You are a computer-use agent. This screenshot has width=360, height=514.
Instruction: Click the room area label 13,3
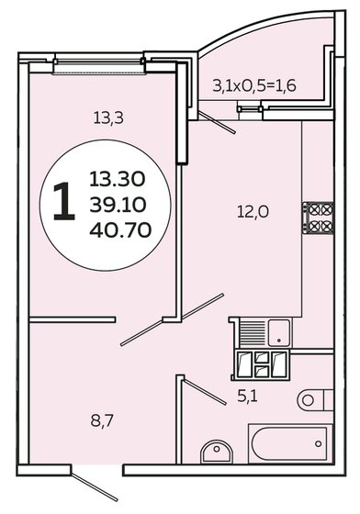tap(108, 118)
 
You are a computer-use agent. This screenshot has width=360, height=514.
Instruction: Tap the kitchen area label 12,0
tap(253, 212)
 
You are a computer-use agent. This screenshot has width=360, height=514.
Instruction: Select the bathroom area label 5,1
tap(248, 397)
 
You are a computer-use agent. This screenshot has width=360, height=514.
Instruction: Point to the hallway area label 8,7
tap(102, 421)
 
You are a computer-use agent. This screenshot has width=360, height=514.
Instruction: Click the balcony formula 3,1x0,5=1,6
tap(254, 86)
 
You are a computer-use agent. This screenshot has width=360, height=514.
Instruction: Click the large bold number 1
tap(64, 201)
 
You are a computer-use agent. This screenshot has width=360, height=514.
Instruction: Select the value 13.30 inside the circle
tap(117, 179)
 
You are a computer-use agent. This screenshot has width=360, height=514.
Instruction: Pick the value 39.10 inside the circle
tap(118, 205)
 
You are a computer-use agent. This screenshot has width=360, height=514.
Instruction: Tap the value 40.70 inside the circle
tap(120, 229)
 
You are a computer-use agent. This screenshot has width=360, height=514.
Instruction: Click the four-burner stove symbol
tap(318, 218)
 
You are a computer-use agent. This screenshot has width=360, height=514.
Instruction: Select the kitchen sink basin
tap(279, 332)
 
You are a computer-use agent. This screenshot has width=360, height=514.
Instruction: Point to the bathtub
tap(290, 443)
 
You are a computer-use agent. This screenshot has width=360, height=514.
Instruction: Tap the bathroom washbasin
tap(217, 452)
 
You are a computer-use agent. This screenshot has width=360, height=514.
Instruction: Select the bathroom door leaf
tap(204, 391)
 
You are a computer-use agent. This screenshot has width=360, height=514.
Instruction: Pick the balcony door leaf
tap(217, 123)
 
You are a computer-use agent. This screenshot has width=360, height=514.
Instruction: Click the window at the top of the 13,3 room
tap(98, 65)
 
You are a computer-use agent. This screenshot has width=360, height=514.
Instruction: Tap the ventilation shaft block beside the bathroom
tap(260, 365)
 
